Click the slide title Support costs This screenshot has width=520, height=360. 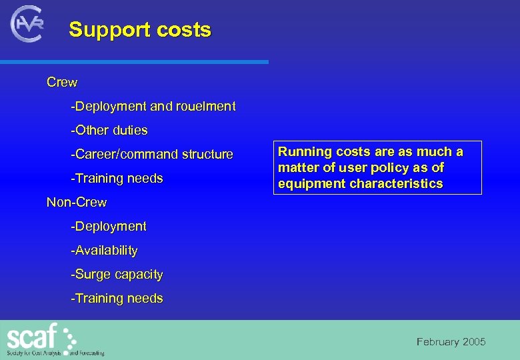click(x=140, y=30)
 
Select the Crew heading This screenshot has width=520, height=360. click(x=62, y=83)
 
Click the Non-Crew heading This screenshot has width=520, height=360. click(x=77, y=202)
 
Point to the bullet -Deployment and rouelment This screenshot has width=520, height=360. click(x=153, y=107)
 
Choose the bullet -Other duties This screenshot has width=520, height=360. click(x=109, y=131)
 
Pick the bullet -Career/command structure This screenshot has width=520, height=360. click(x=152, y=155)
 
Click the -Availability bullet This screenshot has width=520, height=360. click(x=105, y=251)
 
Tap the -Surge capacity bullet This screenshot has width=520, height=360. click(x=117, y=275)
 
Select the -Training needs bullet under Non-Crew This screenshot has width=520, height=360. click(x=117, y=299)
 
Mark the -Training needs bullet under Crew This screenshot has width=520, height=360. click(x=117, y=179)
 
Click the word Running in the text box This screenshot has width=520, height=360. click(x=303, y=152)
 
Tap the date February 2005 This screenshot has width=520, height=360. click(x=451, y=342)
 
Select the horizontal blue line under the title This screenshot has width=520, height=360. click(x=133, y=62)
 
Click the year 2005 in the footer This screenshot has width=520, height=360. click(x=474, y=342)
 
